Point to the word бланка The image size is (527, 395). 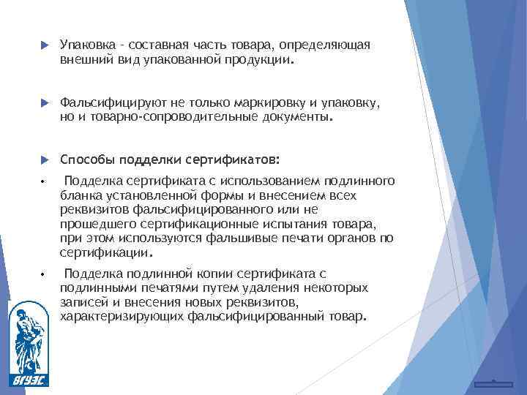[78, 196]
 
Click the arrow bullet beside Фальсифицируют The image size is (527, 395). [43, 103]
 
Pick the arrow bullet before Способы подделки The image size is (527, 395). [43, 159]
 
